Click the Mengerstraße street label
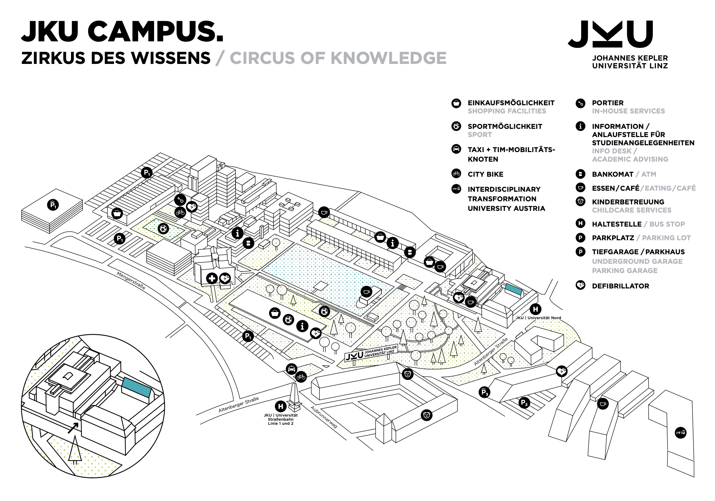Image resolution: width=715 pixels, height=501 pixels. [x=131, y=281]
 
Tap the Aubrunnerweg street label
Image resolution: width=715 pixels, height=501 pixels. [x=324, y=417]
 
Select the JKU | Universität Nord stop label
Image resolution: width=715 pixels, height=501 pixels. [x=538, y=318]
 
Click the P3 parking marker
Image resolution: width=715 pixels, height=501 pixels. [x=484, y=392]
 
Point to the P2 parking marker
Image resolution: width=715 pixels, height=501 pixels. [x=524, y=403]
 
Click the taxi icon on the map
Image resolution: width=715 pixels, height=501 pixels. [x=291, y=369]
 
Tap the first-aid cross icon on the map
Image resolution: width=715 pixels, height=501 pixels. [x=212, y=278]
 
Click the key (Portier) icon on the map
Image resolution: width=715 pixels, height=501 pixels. [x=180, y=200]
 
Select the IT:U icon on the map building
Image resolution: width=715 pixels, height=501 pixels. [x=681, y=433]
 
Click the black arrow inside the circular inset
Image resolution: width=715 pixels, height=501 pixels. [x=73, y=428]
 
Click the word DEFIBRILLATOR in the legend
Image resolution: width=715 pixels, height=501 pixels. [x=620, y=286]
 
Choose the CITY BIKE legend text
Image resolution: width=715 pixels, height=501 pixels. [x=486, y=174]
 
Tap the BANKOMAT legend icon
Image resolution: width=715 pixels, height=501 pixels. [x=580, y=174]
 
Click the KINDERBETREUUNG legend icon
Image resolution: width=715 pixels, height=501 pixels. [x=580, y=201]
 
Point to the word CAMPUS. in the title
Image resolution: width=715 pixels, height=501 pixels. [x=156, y=31]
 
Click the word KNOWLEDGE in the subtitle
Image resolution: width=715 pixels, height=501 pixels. [x=389, y=58]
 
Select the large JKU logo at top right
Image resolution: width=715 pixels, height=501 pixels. [x=611, y=34]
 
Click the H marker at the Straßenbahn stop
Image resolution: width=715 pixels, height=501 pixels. [x=281, y=406]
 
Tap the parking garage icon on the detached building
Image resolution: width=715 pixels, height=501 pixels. [x=53, y=205]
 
